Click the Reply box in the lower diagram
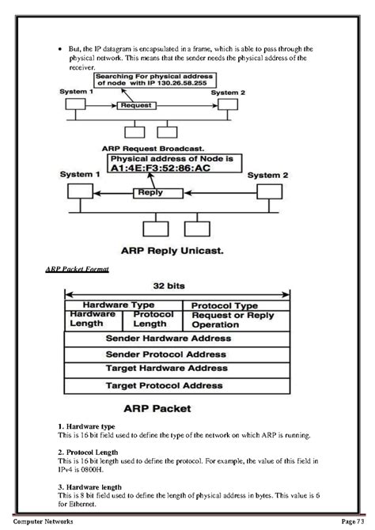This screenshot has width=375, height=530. [x=151, y=191]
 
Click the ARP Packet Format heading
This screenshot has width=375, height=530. [x=78, y=270]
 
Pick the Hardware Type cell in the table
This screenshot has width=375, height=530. [x=119, y=305]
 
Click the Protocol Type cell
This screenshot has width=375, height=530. [x=225, y=305]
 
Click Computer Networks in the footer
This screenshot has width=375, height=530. [x=44, y=522]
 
